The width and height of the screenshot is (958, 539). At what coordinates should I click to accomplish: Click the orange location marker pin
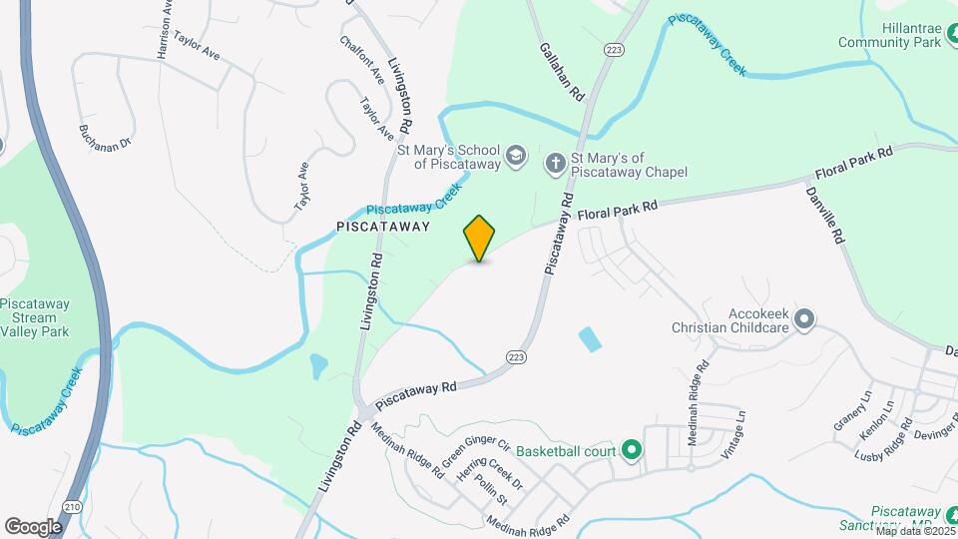479,238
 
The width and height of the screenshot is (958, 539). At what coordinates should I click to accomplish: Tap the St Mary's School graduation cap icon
515,156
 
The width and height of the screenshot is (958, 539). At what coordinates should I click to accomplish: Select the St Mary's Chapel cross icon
555,162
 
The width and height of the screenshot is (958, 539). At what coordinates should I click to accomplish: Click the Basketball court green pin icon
631,451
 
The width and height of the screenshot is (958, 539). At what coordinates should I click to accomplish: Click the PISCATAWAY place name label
383,227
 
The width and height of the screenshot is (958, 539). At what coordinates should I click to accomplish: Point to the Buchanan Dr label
105,137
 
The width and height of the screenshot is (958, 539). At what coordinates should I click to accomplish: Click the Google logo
33,526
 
